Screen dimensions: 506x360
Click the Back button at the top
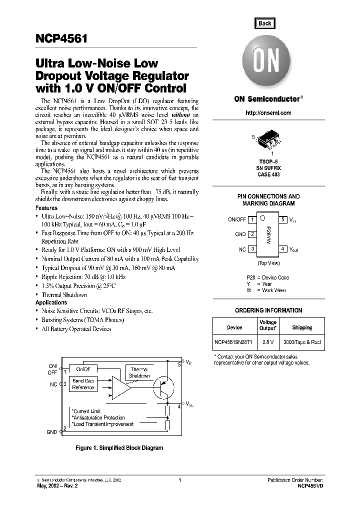[264, 23]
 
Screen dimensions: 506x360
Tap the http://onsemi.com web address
[268, 113]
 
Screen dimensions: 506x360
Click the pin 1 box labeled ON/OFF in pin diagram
[253, 219]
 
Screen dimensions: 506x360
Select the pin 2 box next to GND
[253, 234]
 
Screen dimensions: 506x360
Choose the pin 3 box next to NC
[253, 248]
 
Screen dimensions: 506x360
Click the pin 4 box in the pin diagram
[283, 248]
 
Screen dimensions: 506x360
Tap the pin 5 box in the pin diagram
[283, 219]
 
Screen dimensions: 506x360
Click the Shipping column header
[302, 327]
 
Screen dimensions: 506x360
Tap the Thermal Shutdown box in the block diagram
[139, 372]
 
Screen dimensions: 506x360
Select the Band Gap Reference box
[83, 384]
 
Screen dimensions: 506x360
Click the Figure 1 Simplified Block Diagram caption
[119, 448]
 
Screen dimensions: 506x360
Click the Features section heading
[46, 208]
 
